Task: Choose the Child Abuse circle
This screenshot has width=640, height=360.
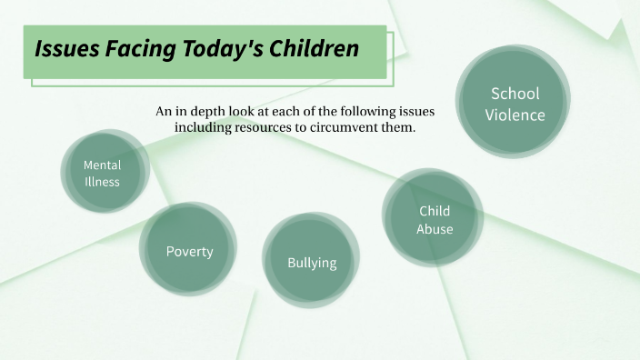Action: coord(434,219)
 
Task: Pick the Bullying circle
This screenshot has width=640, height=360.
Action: coord(312,260)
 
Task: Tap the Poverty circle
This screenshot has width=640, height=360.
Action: coord(189,249)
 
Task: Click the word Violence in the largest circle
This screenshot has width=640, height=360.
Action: coord(515,115)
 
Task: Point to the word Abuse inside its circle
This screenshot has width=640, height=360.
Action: coord(435,229)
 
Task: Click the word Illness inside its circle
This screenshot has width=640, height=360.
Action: coord(102,181)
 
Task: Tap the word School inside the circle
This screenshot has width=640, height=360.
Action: coord(515,94)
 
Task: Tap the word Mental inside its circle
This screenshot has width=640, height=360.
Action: coord(102,165)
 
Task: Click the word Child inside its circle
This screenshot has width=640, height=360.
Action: coord(435,211)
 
